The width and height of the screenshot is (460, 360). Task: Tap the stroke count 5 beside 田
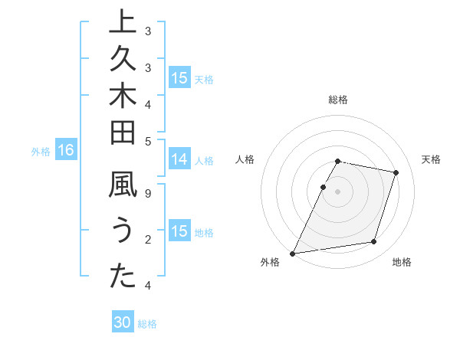pyautogui.click(x=147, y=141)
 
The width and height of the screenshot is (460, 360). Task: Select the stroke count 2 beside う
pyautogui.click(x=147, y=240)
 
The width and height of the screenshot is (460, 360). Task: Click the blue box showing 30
pyautogui.click(x=123, y=323)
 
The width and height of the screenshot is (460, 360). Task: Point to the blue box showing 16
pyautogui.click(x=66, y=151)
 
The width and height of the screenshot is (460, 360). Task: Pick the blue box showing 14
pyautogui.click(x=179, y=159)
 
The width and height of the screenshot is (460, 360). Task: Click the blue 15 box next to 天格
pyautogui.click(x=179, y=78)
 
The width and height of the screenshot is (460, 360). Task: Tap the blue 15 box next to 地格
pyautogui.click(x=179, y=231)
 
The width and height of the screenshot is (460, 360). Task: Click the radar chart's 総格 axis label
pyautogui.click(x=338, y=100)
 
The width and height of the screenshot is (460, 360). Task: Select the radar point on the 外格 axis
pyautogui.click(x=293, y=253)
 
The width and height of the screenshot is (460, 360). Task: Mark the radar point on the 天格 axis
pyautogui.click(x=396, y=172)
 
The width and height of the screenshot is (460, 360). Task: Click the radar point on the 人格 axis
pyautogui.click(x=324, y=187)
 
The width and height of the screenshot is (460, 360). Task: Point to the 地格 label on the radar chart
pyautogui.click(x=402, y=262)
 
